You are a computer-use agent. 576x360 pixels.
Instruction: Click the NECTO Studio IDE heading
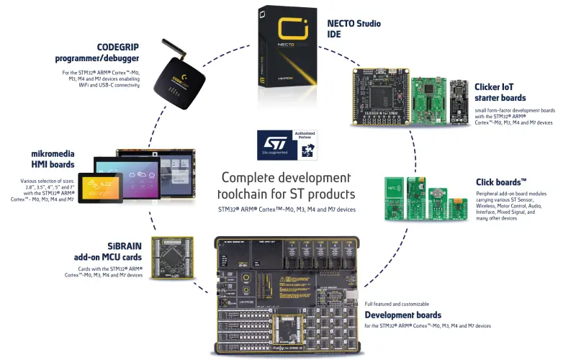pos(354,29)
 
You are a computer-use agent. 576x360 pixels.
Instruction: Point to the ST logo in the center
pos(272,144)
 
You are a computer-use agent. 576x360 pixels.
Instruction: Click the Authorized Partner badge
pos(303,144)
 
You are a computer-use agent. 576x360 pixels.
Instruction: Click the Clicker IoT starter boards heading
pos(500,92)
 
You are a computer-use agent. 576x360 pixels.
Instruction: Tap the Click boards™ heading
pos(501,182)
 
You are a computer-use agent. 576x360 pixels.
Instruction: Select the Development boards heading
pos(402,315)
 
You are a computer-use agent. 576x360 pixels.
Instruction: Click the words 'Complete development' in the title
pos(286,178)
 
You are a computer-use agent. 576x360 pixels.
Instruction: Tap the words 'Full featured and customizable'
pos(397,304)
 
